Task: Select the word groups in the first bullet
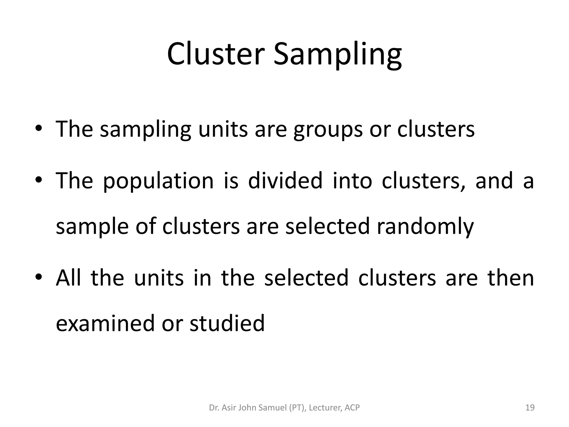328,130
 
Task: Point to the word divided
285,181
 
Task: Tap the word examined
105,323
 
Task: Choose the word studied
227,323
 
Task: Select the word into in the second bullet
352,181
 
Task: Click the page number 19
530,408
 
